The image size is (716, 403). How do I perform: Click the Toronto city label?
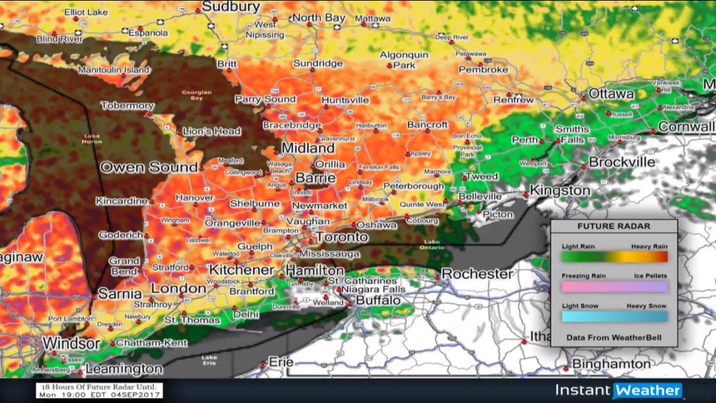[342, 237]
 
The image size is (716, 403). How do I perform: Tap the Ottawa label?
[611, 94]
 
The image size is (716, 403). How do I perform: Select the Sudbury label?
[231, 7]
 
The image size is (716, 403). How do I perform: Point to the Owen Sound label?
[149, 167]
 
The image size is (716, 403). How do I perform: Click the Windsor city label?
[71, 344]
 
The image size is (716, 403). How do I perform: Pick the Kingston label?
[560, 190]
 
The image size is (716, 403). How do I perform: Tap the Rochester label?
[477, 274]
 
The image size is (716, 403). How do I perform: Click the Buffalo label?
[378, 301]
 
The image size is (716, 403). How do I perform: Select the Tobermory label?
[127, 106]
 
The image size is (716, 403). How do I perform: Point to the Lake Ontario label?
[432, 244]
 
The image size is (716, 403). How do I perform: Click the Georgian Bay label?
[195, 95]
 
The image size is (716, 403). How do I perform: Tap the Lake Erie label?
[209, 360]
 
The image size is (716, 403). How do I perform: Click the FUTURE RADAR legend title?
[614, 227]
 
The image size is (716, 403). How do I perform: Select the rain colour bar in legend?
[615, 256]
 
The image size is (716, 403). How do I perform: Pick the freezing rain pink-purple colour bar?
[615, 287]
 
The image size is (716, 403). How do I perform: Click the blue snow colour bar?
[615, 316]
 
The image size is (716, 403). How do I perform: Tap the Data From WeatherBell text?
[614, 338]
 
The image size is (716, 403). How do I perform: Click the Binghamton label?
[611, 364]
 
